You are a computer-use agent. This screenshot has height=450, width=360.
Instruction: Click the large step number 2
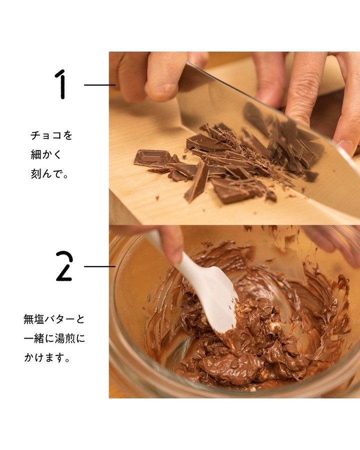[64, 266]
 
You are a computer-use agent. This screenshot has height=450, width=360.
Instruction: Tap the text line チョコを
[51, 135]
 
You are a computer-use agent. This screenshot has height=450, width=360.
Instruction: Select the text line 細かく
[46, 154]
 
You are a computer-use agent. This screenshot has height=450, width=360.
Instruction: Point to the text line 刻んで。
[49, 173]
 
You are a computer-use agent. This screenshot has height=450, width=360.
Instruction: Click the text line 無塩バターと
[54, 319]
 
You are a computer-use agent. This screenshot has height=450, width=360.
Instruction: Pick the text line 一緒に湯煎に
[54, 338]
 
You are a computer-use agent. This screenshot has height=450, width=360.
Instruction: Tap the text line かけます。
[47, 358]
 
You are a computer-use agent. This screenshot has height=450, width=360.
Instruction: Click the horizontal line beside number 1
[99, 85]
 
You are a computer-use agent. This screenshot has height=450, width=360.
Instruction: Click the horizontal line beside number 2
[99, 266]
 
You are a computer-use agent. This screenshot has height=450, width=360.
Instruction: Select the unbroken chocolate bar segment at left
[151, 158]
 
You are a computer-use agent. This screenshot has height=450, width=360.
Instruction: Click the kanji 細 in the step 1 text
[35, 154]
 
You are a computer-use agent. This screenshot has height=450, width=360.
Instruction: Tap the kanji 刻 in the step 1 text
[35, 173]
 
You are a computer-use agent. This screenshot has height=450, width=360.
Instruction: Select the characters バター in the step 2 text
[59, 319]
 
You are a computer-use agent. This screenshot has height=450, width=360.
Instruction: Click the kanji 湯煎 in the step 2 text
[65, 338]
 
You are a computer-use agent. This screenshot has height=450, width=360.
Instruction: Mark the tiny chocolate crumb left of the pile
[157, 198]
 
